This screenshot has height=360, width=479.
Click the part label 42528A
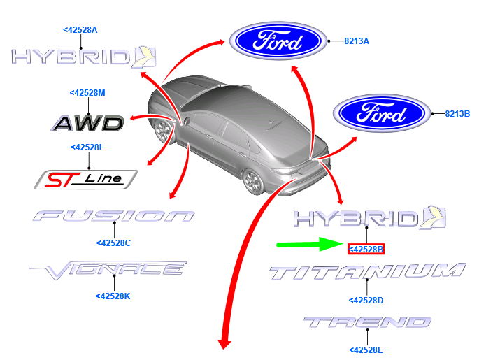pos(80,30)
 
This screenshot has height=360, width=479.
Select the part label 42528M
pos(87,93)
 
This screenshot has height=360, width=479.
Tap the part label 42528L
pos(87,147)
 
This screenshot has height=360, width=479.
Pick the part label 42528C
pos(114,243)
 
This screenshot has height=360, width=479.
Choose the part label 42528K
pos(113,296)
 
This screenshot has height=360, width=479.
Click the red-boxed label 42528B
pos(366,250)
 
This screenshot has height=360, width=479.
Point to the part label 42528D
pos(366,301)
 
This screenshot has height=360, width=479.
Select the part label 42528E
pos(366,350)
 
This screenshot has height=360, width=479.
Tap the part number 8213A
pos(357,41)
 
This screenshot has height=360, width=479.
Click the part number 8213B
pos(457,114)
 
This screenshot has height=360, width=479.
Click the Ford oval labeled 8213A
pos(278,41)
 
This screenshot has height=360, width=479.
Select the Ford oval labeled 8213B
pos(382,113)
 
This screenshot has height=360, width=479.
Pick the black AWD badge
pos(87,123)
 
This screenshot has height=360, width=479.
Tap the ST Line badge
pos(86,180)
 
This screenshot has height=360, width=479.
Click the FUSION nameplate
pos(114,216)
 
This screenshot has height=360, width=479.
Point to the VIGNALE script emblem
pos(108,270)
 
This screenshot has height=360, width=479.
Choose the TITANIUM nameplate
pos(368,271)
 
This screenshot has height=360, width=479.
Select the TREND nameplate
pos(367,322)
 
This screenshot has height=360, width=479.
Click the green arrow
pos(310,244)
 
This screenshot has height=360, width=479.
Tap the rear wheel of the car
pos(253,182)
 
